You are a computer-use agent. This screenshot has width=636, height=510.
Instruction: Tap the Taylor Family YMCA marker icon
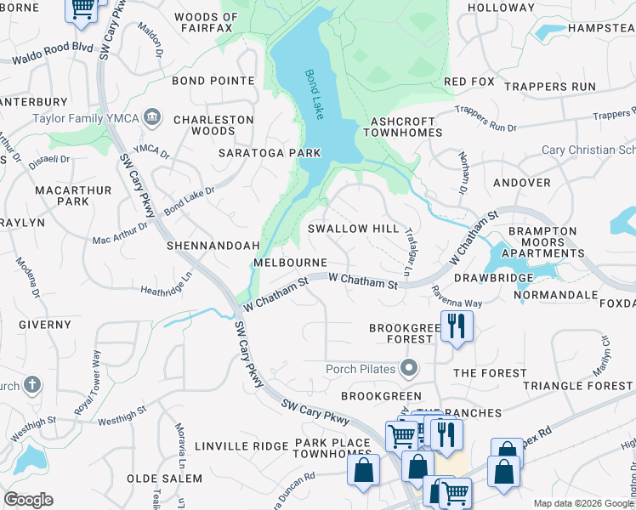click(153, 116)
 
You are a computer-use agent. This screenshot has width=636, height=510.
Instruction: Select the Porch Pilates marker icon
click(410, 368)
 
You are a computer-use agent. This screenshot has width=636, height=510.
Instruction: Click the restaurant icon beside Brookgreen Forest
click(457, 326)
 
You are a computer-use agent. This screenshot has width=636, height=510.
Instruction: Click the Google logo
click(28, 500)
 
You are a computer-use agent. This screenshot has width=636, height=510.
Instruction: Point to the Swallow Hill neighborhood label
click(353, 229)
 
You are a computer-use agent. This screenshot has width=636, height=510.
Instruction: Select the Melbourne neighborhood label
click(291, 263)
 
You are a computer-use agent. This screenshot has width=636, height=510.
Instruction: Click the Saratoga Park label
click(270, 153)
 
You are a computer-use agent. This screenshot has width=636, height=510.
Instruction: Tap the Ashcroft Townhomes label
click(403, 127)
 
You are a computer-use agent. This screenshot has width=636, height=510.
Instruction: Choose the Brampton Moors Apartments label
click(542, 242)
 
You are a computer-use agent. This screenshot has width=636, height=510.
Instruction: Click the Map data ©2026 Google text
click(583, 503)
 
